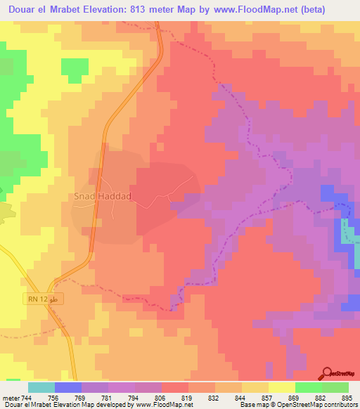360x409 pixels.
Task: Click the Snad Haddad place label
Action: (x=103, y=197)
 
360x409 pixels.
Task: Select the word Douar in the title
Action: (x=19, y=9)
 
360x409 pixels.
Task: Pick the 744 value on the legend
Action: (x=27, y=397)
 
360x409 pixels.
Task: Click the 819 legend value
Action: (x=188, y=397)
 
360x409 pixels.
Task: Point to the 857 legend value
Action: (x=268, y=397)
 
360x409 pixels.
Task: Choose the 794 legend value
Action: (x=134, y=397)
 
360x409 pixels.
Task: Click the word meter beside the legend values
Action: (x=11, y=397)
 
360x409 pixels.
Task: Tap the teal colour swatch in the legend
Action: (x=41, y=387)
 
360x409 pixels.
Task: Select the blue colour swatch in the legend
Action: (x=67, y=387)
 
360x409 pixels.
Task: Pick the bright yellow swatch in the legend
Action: (x=281, y=387)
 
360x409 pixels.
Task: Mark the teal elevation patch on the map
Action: (x=347, y=233)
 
